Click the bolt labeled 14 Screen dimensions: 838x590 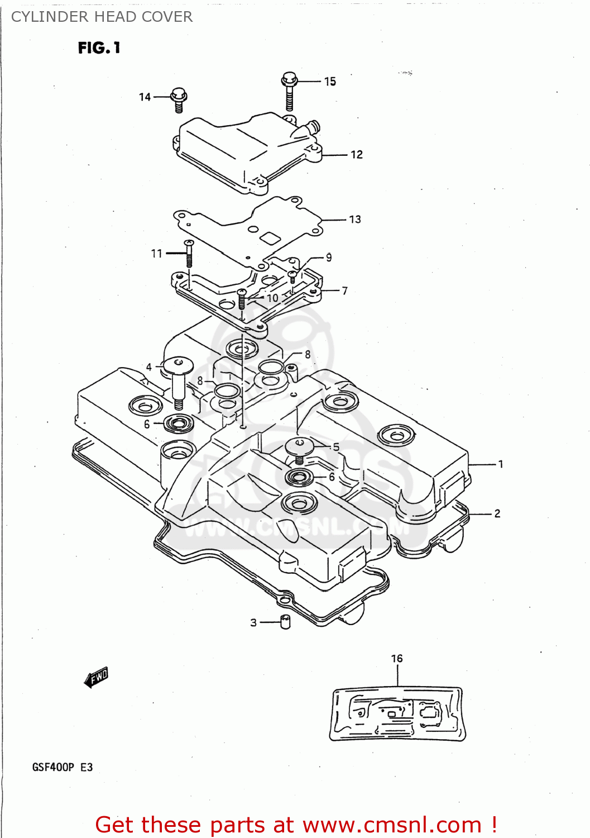[x=179, y=99]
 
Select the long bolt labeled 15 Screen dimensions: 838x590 [x=289, y=91]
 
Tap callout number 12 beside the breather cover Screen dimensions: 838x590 [x=357, y=155]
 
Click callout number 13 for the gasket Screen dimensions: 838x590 [x=355, y=220]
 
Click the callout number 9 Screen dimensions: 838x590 [x=329, y=258]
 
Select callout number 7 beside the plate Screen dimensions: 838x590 [x=344, y=291]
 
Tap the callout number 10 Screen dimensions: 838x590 [x=272, y=298]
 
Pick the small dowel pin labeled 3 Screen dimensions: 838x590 [x=285, y=622]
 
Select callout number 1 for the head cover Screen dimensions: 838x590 [x=501, y=464]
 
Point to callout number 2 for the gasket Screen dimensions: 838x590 [x=497, y=513]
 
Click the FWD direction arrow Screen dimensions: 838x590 [x=96, y=678]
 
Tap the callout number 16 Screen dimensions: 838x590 [x=397, y=659]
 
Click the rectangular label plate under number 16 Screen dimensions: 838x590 [x=397, y=714]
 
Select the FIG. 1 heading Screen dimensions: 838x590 [x=99, y=48]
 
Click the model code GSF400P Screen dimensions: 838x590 [x=53, y=767]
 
